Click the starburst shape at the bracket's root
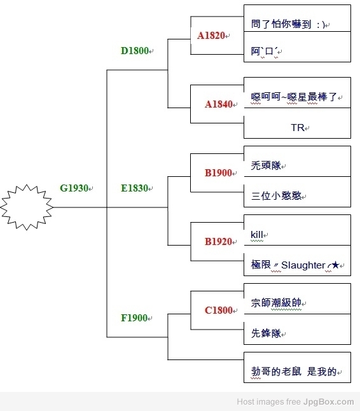27,207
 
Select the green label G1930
74,188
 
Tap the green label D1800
135,51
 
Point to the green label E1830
134,188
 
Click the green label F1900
134,318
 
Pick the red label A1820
211,36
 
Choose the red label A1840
219,104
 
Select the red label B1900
219,173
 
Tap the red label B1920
219,242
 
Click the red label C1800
219,310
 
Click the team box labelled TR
298,123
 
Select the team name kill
257,235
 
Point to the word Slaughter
303,265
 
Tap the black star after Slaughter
335,265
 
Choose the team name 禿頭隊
266,165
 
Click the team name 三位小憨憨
276,196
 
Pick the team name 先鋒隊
266,333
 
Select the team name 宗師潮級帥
276,303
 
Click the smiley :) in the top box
321,25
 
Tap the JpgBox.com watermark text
329,402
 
